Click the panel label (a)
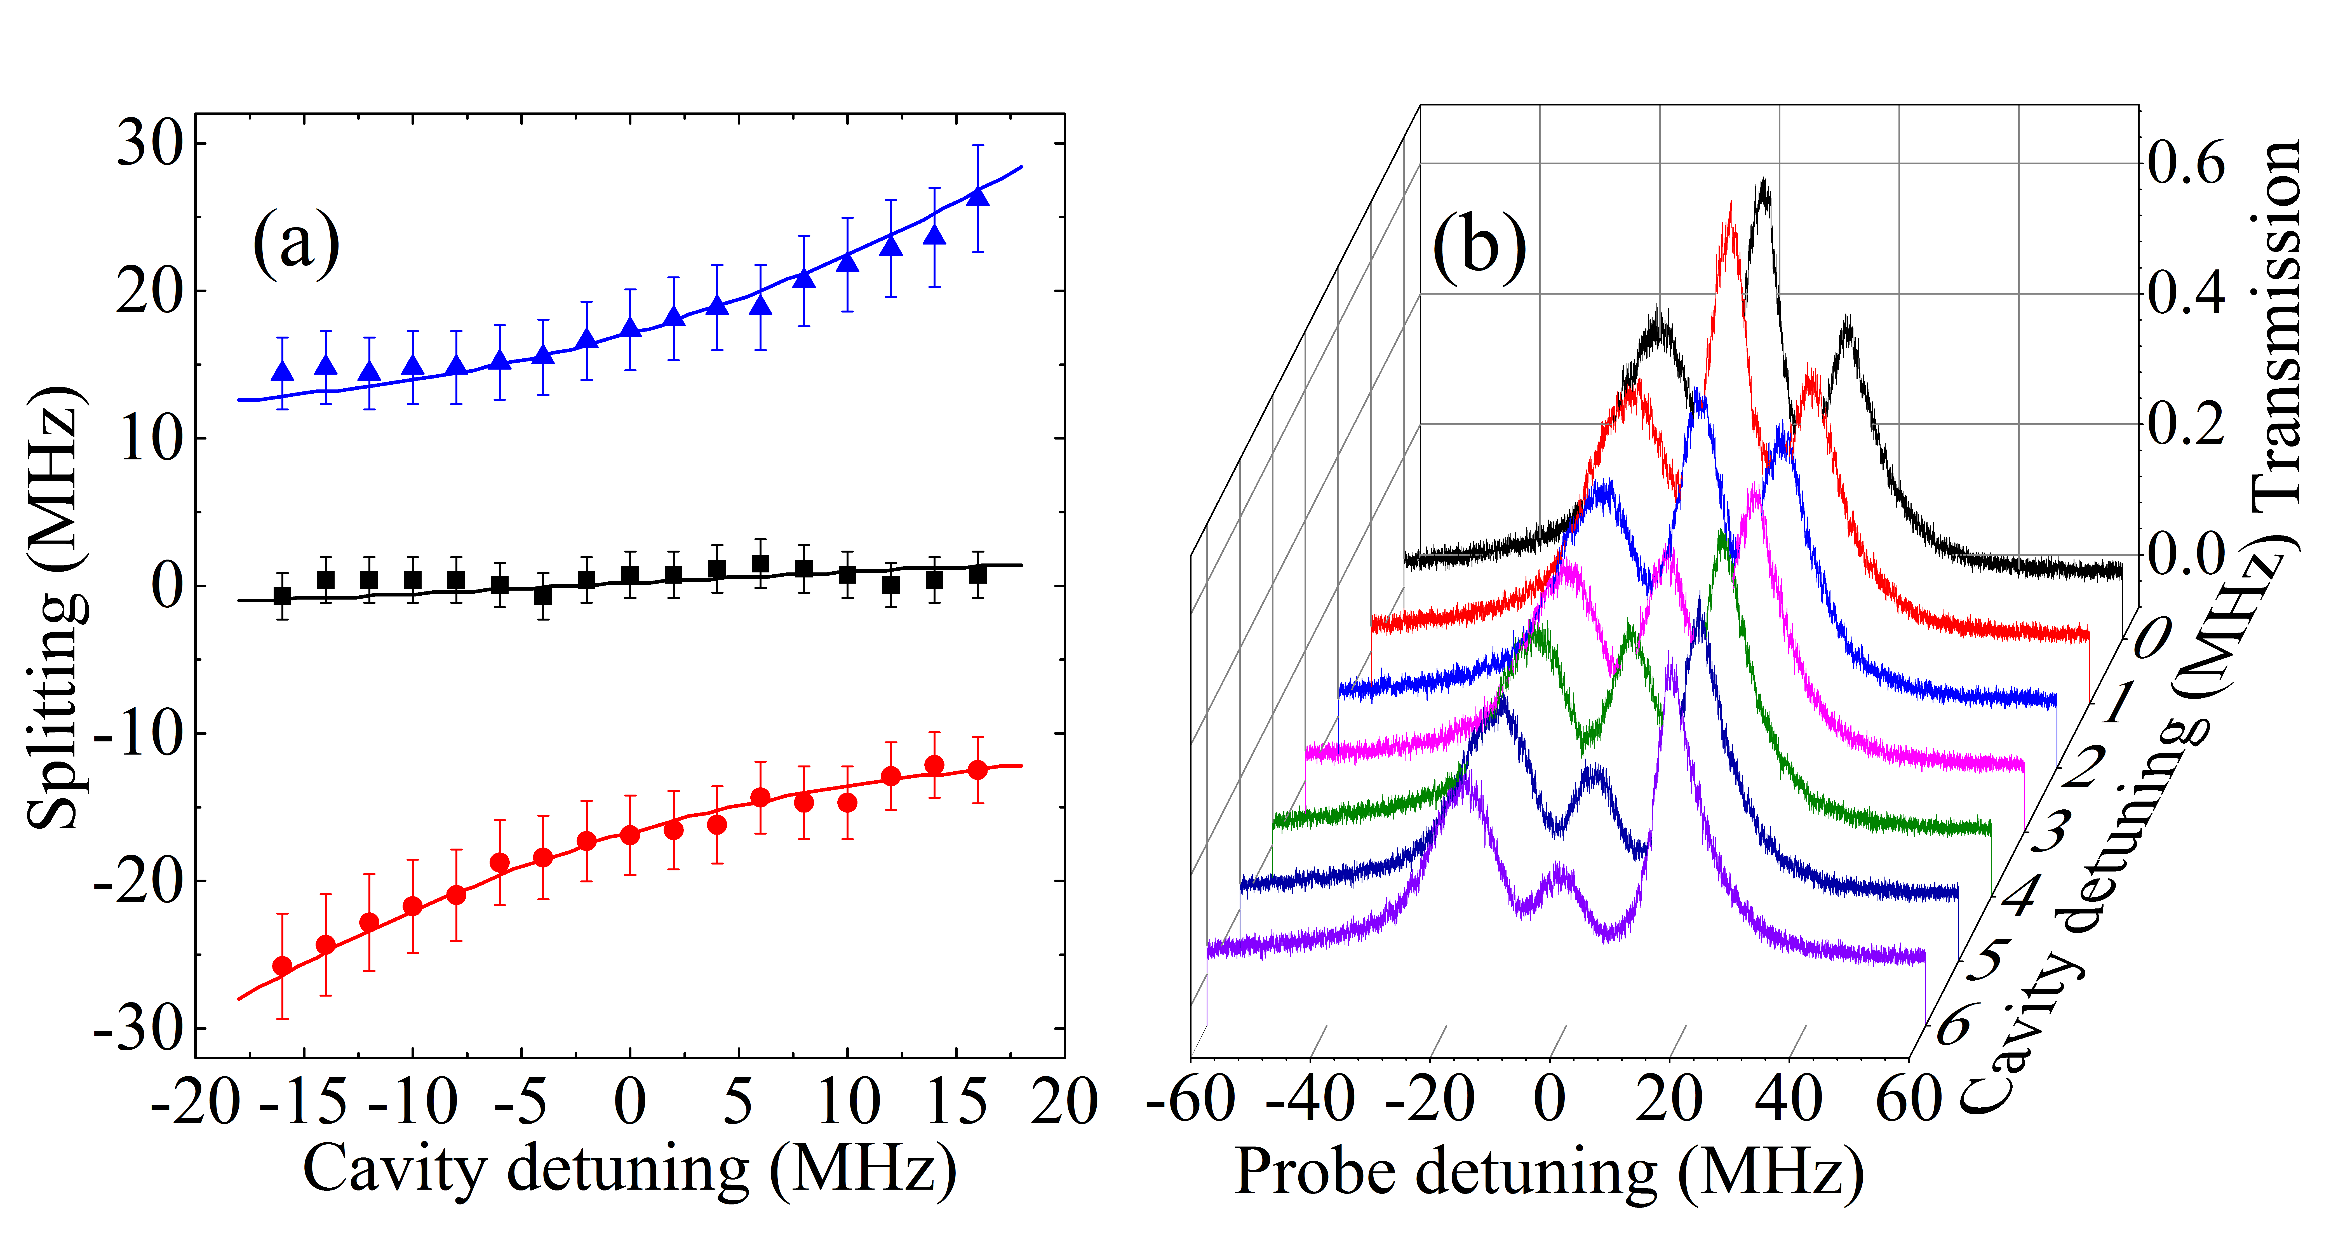point(296,244)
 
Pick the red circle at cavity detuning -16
point(283,966)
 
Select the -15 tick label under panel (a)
point(304,1101)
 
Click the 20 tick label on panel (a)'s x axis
point(1064,1101)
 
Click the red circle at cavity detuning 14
point(934,765)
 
